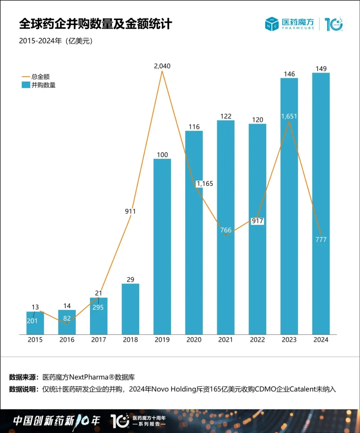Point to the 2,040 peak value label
coord(162,66)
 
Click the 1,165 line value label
coord(205,183)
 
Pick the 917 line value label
coord(257,221)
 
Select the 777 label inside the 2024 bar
coord(321,240)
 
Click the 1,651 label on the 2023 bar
coord(289,116)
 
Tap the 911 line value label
coord(130,211)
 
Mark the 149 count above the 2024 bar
coord(321,69)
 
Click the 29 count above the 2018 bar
coord(130,280)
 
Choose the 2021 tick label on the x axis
coord(225,340)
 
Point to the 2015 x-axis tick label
coord(35,340)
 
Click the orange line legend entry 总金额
coord(40,77)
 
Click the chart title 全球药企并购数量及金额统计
coord(95,24)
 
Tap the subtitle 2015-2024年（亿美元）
coord(56,41)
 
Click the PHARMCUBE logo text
coord(298,28)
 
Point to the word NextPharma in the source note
coord(89,377)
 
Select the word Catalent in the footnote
coord(302,389)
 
